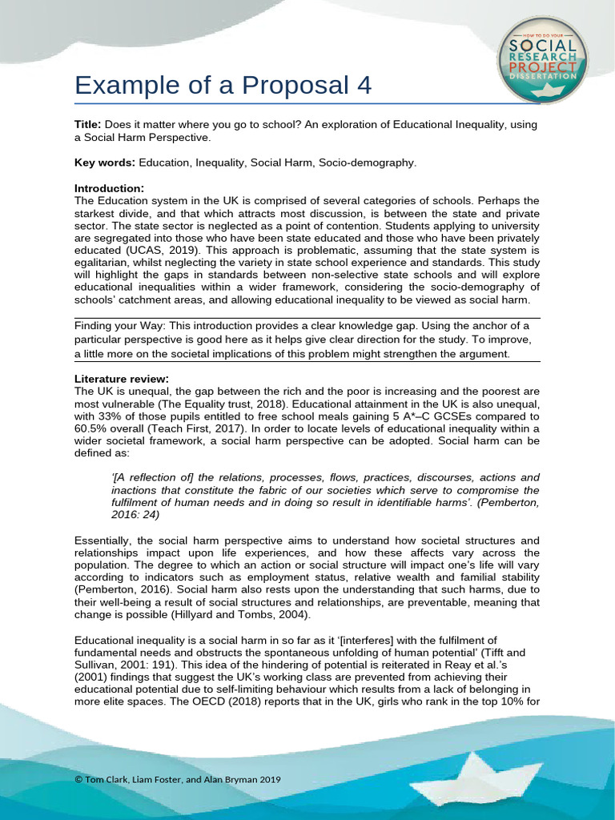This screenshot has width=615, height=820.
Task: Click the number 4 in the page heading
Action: [x=364, y=85]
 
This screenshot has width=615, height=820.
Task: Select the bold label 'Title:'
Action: [x=88, y=125]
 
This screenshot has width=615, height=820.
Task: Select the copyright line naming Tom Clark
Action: [x=177, y=780]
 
